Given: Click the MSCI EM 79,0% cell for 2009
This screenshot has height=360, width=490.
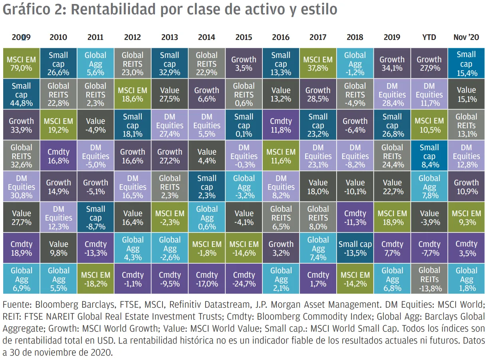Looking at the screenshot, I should click(21, 64).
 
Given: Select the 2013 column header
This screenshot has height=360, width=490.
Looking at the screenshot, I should click(169, 37).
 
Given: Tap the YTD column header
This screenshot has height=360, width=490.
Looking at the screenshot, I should click(429, 37).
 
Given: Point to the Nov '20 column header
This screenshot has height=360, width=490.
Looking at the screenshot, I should click(466, 37).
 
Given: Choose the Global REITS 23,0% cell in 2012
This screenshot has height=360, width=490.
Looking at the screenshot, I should click(132, 64).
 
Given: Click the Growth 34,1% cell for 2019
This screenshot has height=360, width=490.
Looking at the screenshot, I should click(392, 64).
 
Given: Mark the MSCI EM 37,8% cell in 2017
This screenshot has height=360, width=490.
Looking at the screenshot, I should click(317, 64).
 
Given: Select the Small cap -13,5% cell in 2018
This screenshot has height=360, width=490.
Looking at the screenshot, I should click(355, 249).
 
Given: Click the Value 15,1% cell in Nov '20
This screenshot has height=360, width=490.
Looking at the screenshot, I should click(466, 94).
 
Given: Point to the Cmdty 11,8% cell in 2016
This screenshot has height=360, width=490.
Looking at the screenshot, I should click(281, 125).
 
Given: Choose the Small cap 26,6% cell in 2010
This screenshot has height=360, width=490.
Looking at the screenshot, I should click(58, 64).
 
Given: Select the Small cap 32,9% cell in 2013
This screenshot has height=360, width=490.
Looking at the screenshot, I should click(169, 64).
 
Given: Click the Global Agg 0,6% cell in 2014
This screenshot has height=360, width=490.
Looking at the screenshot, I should click(206, 218).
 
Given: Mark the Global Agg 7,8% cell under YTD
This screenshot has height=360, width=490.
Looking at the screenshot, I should click(429, 187).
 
